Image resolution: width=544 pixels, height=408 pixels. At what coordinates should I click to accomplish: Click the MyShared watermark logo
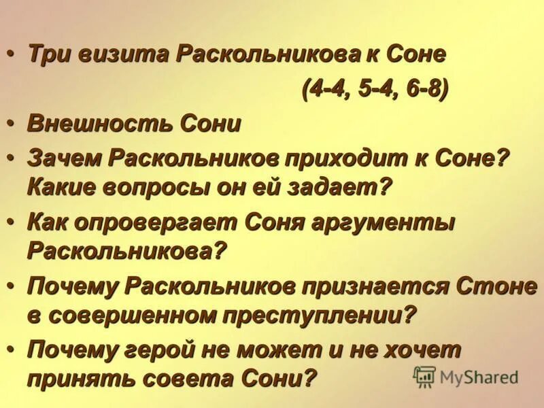coord(466,375)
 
